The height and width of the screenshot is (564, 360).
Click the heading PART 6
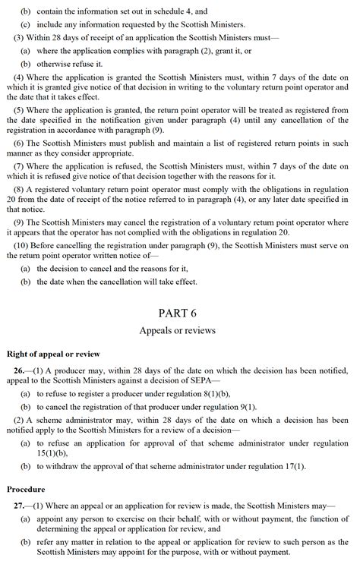pos(177,313)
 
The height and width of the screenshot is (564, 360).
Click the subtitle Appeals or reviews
pos(177,331)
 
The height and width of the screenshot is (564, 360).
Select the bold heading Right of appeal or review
pos(53,354)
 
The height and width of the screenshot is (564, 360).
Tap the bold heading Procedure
pos(26,489)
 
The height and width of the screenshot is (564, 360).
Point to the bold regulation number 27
pos(19,505)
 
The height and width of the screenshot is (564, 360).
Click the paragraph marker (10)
pos(22,245)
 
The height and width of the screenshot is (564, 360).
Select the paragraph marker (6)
pos(20,143)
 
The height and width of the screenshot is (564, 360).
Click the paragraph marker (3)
pos(20,37)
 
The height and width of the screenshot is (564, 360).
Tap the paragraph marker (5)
pos(20,109)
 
